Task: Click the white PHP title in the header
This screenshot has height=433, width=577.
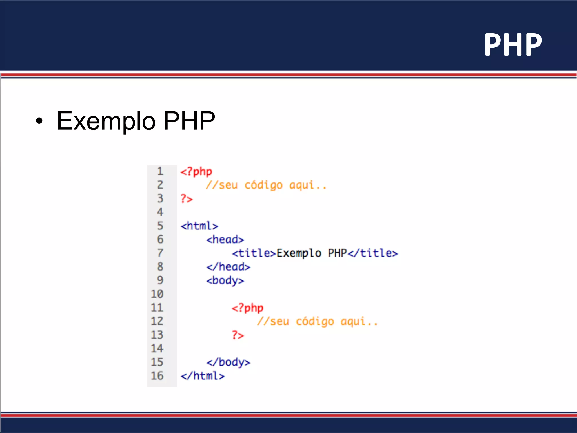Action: [513, 45]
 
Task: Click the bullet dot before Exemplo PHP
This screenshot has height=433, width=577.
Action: [39, 121]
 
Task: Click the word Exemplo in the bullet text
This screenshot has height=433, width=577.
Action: [106, 121]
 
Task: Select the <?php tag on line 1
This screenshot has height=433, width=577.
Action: [196, 171]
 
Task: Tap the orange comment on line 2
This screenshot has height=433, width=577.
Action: [266, 185]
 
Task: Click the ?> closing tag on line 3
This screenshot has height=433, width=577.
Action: [187, 199]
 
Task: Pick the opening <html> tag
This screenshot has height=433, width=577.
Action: [199, 226]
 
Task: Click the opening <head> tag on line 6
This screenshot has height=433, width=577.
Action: [225, 240]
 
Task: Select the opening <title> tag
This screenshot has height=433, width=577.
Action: [254, 253]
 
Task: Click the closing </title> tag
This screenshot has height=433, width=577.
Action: [372, 253]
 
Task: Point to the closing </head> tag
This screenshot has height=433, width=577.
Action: [228, 267]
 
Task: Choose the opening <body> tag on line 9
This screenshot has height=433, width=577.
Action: [225, 280]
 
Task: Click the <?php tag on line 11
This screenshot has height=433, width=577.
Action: [247, 308]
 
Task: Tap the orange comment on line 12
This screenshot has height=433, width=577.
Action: [317, 321]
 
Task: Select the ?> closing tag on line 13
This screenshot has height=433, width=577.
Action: [238, 335]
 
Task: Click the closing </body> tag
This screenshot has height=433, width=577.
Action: [228, 362]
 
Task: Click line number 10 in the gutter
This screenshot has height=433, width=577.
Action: [157, 294]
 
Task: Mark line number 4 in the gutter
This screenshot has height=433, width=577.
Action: [160, 212]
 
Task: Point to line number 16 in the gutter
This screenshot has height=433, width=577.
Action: [157, 376]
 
